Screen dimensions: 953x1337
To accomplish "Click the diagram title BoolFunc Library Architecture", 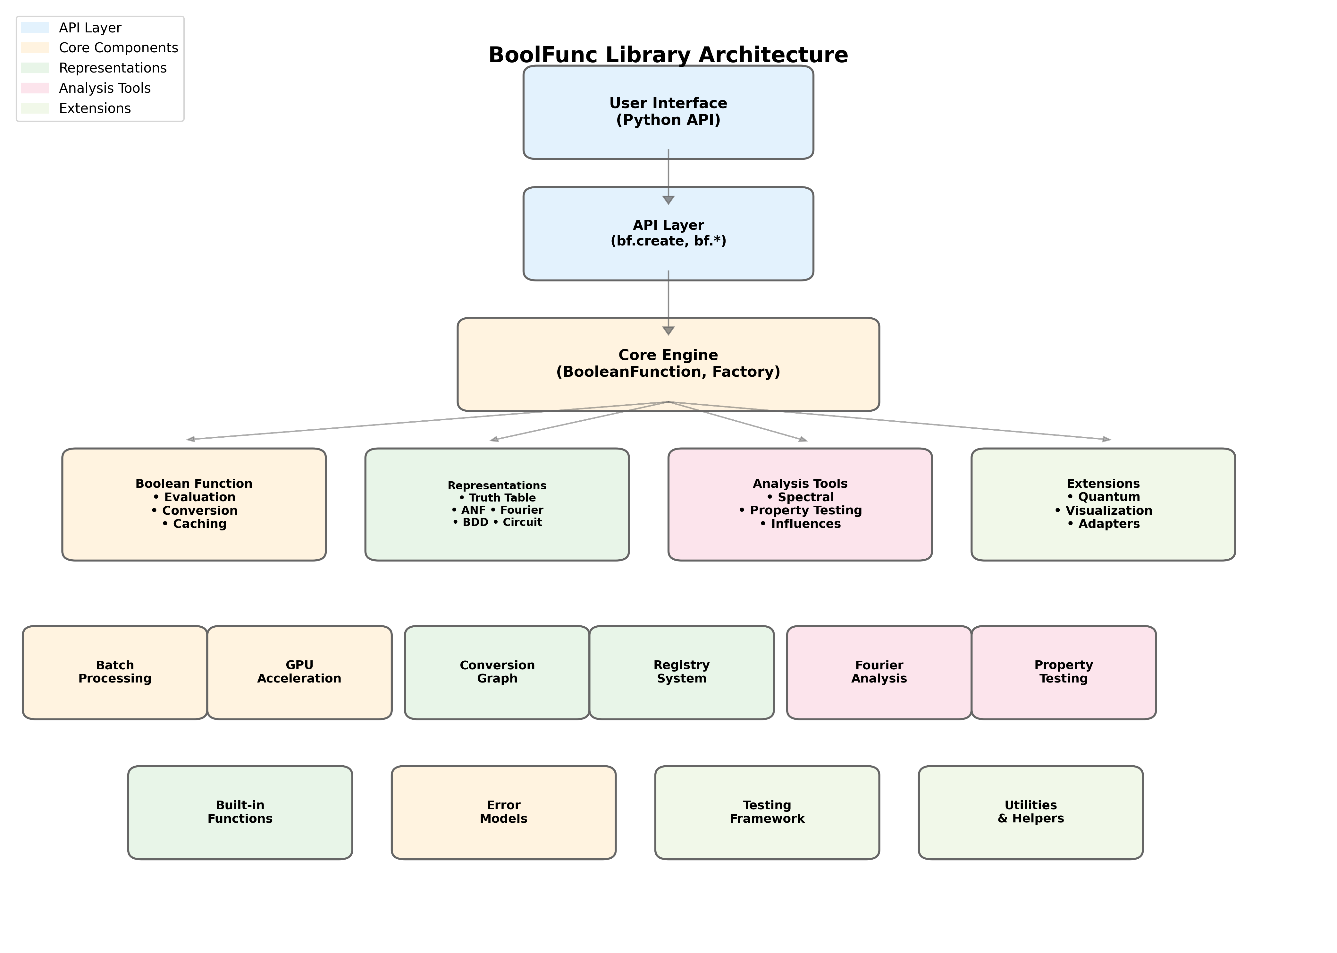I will click(668, 55).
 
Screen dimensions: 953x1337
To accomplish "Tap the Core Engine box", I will click(668, 364).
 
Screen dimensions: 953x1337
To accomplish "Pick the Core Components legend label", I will click(118, 47).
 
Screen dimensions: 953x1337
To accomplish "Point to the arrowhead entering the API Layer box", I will click(668, 200).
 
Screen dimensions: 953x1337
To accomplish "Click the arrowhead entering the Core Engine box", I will click(668, 331).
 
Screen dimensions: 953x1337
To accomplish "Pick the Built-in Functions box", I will click(240, 812).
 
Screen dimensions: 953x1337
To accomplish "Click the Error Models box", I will click(503, 812).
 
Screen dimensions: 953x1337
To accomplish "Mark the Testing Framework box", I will click(767, 812).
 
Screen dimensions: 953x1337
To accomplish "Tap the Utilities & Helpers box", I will click(1030, 812).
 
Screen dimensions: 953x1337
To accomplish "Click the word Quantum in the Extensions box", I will click(1109, 497).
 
